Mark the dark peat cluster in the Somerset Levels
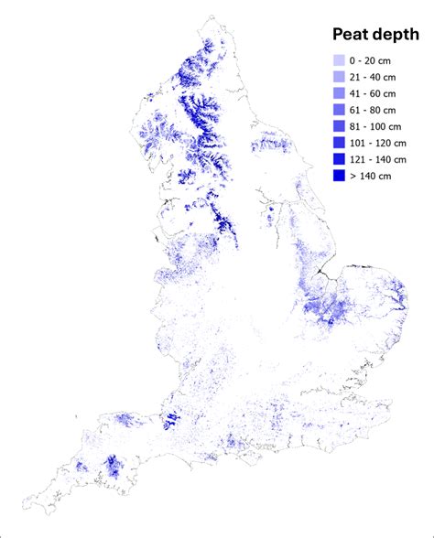coord(169,422)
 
